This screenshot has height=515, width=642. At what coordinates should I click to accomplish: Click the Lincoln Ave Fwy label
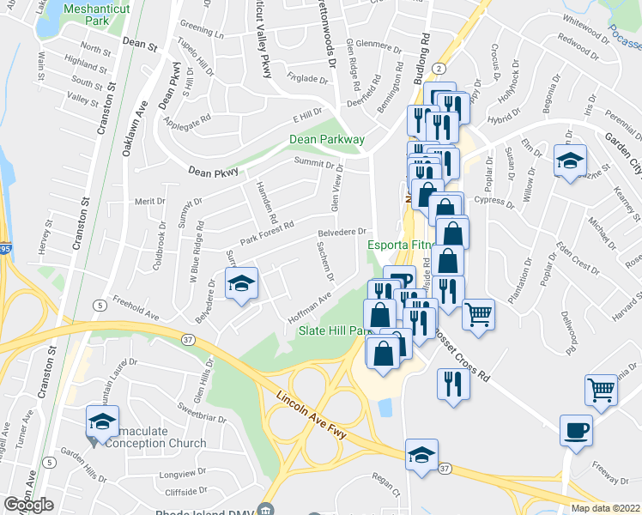coord(312,418)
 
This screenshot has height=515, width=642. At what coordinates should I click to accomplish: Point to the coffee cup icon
coord(576,430)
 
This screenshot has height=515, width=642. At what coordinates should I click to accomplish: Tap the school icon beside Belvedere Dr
coord(242,284)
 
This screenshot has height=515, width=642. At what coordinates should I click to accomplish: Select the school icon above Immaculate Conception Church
coord(102,422)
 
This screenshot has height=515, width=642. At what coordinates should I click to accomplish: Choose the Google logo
coord(28,505)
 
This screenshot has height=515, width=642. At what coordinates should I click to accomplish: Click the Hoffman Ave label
coord(314,307)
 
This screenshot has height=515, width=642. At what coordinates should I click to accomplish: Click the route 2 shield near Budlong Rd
coord(439,67)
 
